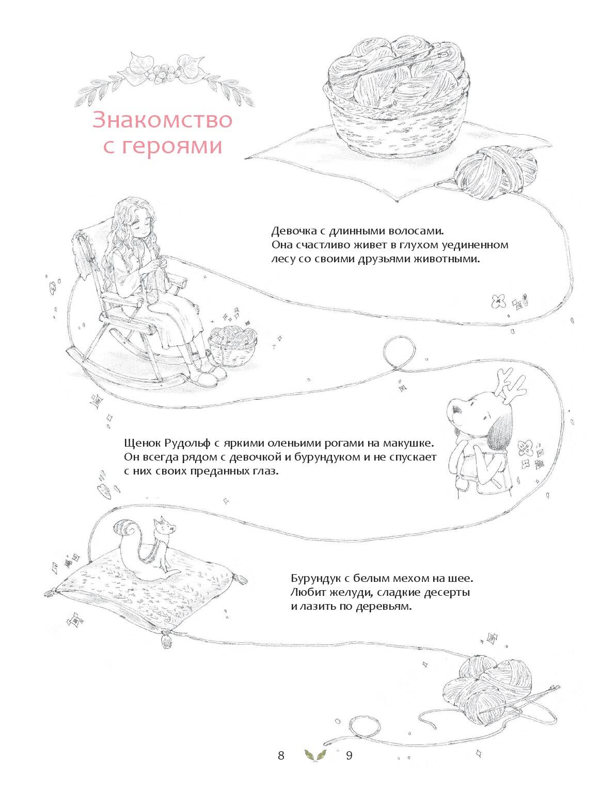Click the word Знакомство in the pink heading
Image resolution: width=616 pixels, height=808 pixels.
click(162, 120)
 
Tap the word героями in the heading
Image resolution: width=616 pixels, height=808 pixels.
click(172, 146)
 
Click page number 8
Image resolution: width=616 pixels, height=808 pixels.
click(281, 756)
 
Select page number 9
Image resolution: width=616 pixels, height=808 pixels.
click(349, 756)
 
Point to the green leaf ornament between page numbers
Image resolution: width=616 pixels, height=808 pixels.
click(315, 755)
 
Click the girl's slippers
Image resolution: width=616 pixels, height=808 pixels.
click(210, 376)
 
